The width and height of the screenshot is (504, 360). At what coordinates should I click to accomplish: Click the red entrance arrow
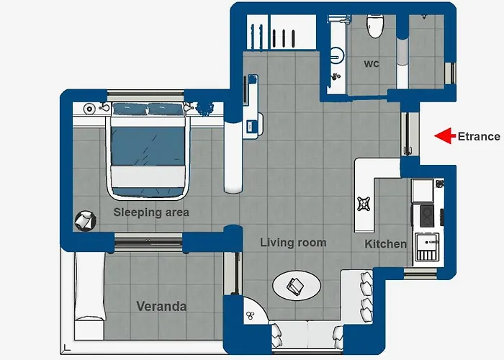(445, 135)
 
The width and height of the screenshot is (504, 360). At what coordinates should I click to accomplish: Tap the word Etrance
(479, 137)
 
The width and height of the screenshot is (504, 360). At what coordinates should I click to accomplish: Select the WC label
(372, 63)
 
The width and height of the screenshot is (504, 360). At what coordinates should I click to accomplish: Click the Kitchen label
(385, 244)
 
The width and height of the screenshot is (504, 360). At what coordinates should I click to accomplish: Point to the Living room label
(293, 243)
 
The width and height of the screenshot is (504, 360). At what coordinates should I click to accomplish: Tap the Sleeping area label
(151, 212)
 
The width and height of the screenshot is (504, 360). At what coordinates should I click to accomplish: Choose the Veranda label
(161, 306)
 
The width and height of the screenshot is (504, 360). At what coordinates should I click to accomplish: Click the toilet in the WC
(375, 27)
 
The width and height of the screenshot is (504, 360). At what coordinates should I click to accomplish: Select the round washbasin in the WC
(336, 56)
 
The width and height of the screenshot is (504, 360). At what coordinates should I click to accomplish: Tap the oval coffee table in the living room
(297, 286)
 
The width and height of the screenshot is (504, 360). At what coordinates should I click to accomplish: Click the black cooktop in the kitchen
(427, 215)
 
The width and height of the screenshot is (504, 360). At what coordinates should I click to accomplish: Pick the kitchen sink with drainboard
(427, 247)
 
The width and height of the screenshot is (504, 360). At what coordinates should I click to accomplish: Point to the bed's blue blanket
(148, 147)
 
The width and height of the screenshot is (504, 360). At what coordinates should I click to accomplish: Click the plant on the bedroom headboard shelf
(204, 108)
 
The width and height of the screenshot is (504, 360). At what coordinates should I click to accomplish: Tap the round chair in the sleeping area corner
(86, 220)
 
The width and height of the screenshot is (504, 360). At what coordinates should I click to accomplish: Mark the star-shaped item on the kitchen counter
(364, 204)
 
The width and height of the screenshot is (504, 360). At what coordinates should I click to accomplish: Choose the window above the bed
(145, 96)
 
